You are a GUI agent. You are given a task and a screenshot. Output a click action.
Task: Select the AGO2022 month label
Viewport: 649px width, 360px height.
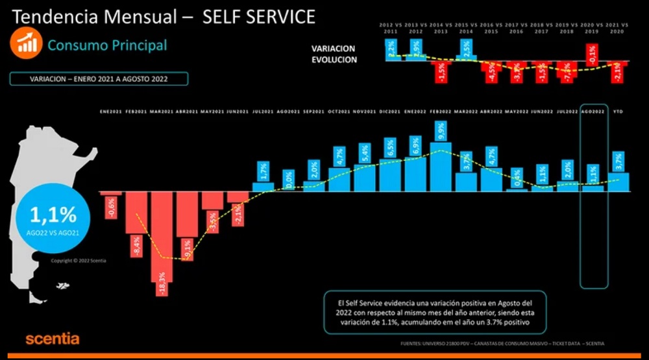(593, 112)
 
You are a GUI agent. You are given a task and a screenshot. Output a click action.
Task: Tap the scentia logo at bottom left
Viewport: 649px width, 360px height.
(52, 339)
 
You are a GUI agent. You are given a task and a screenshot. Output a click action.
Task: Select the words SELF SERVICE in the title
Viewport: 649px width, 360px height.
(259, 17)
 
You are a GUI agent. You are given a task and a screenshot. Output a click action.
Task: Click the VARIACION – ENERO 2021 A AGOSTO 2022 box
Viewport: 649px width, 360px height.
(99, 79)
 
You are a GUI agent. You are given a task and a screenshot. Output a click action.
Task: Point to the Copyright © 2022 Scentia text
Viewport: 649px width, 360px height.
(79, 261)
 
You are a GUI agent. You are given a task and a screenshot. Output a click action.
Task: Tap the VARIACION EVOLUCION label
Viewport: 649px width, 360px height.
(334, 54)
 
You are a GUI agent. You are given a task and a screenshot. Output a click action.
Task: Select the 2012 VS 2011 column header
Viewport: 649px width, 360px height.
(391, 27)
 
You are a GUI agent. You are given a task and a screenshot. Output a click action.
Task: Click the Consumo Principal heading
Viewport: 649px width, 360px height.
(107, 45)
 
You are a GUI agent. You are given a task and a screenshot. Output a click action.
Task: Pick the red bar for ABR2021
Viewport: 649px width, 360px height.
(187, 214)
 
